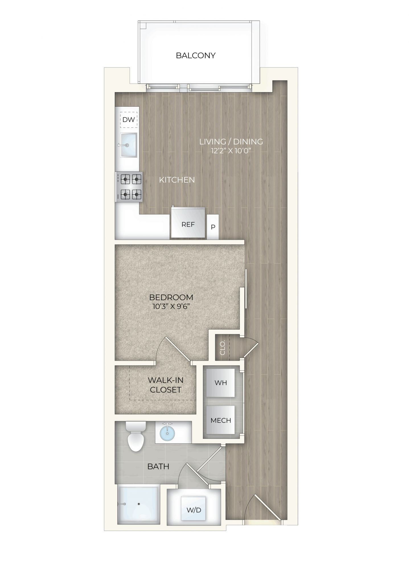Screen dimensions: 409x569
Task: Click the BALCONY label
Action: [196, 55]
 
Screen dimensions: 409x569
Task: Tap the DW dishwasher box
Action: [129, 120]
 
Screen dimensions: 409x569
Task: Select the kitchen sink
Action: [128, 145]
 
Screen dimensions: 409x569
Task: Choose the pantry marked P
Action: [213, 227]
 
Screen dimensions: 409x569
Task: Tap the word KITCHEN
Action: [177, 180]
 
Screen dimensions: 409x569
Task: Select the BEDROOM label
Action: [171, 297]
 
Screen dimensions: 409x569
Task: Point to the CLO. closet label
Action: [223, 348]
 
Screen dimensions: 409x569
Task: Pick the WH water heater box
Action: [221, 383]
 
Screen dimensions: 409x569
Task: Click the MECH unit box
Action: [221, 420]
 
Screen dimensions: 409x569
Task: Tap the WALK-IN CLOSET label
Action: [166, 385]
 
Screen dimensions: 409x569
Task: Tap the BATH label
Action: [158, 467]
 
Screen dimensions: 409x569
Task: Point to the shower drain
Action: [139, 504]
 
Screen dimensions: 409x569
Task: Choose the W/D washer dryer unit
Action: [194, 510]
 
